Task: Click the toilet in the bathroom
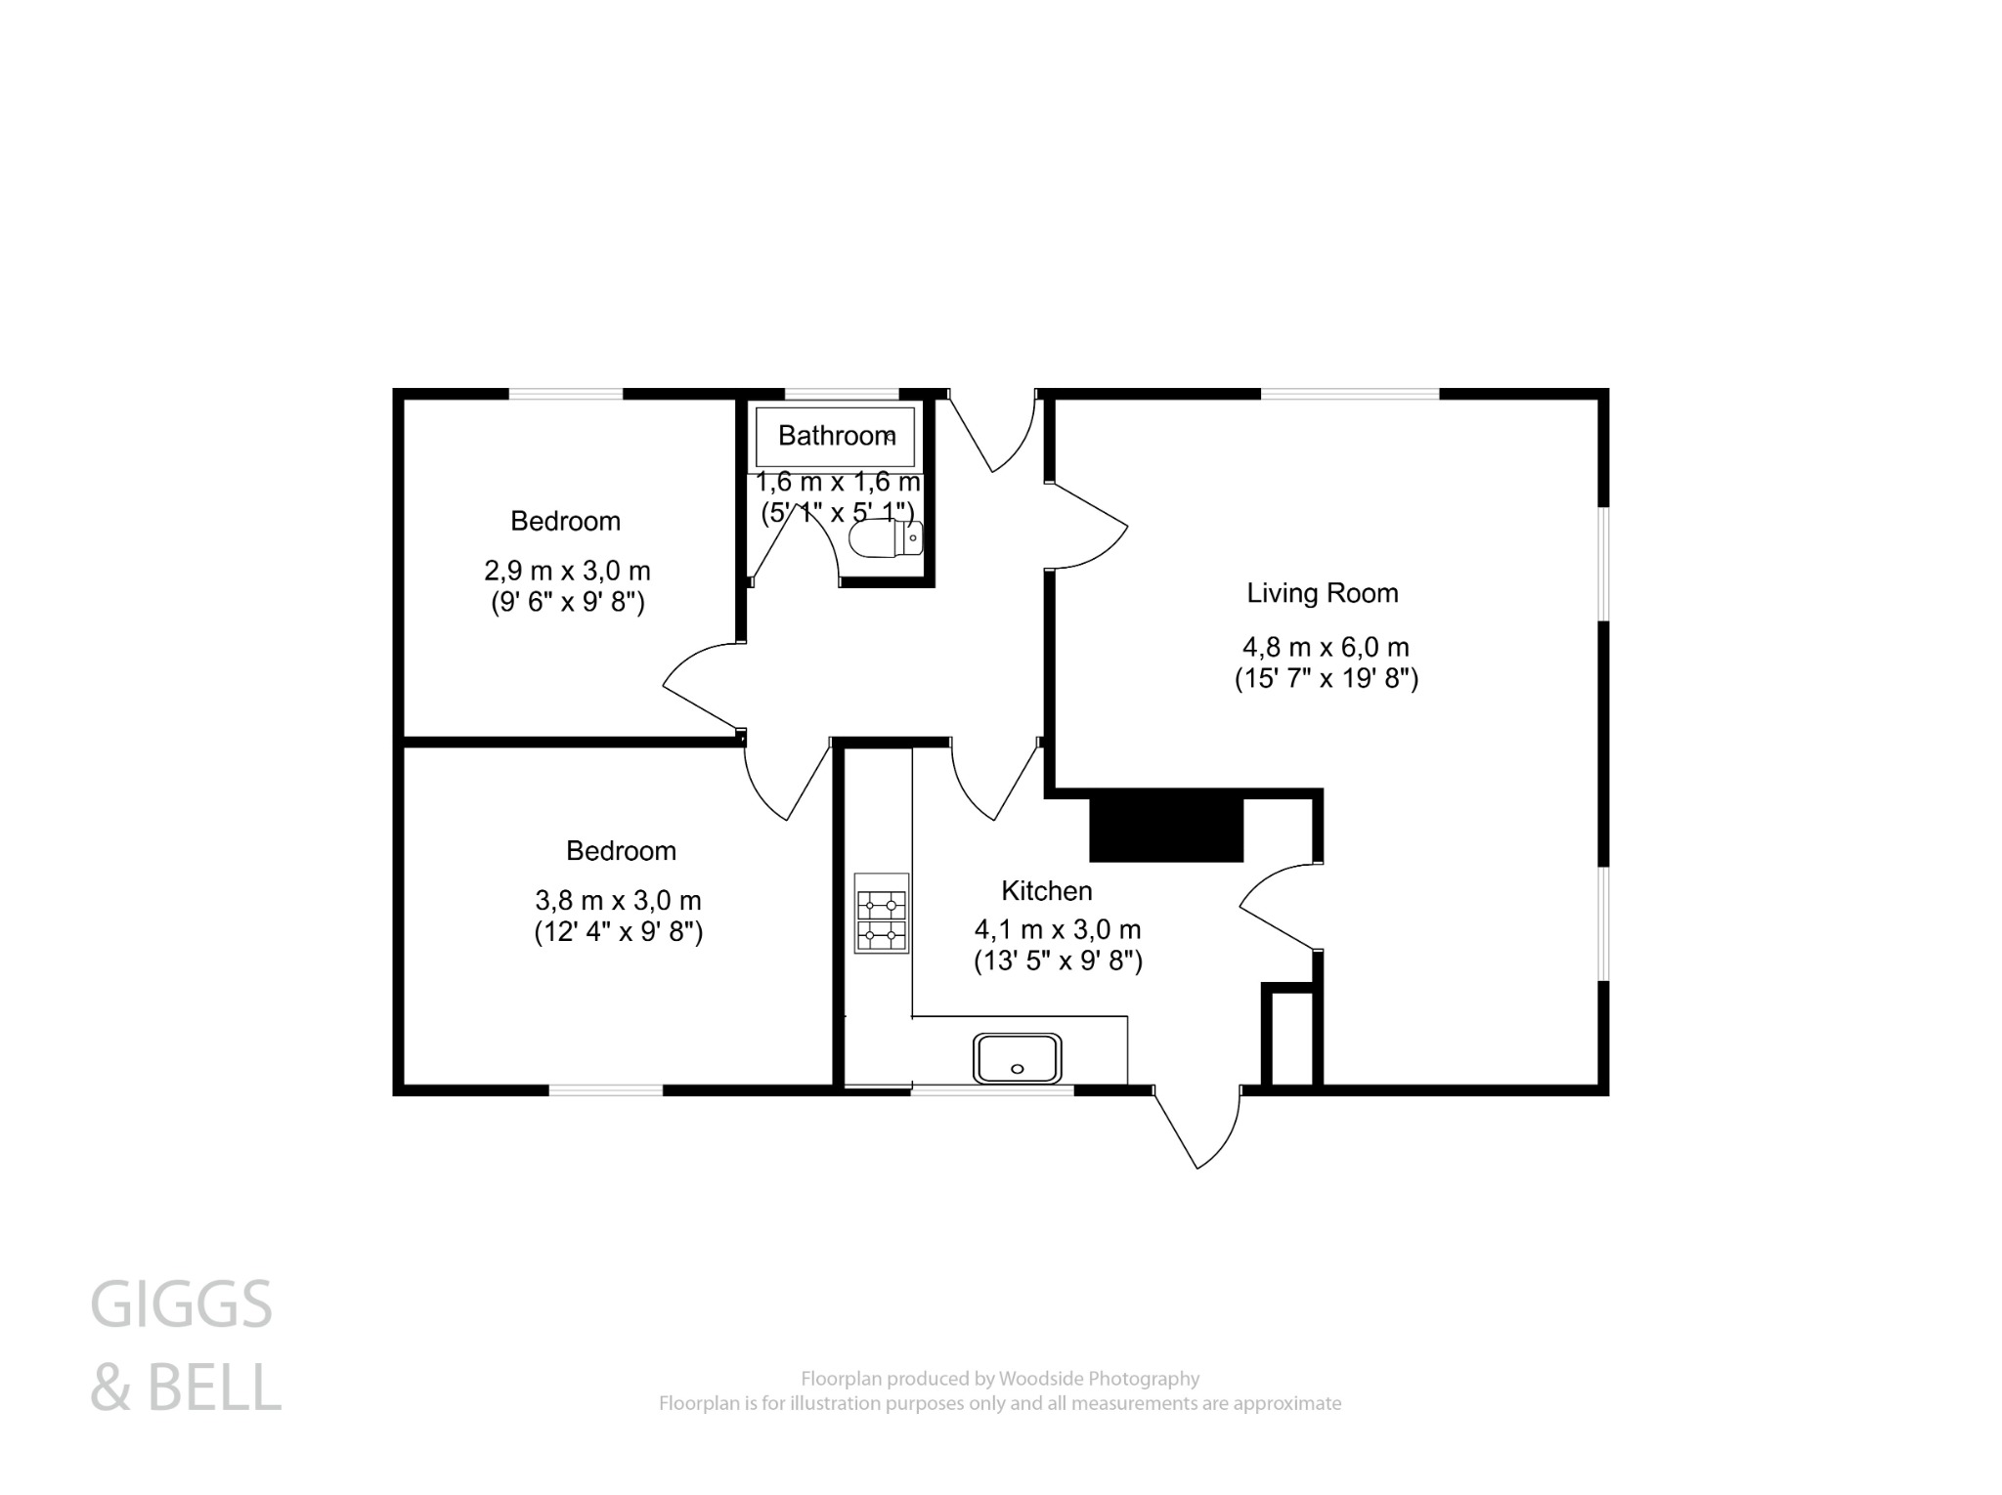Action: tap(885, 538)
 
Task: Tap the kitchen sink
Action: tap(1017, 1058)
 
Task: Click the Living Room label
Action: tap(1322, 593)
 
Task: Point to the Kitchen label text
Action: tap(1046, 891)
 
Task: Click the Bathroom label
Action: tap(836, 436)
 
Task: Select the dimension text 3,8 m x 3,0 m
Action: tap(618, 900)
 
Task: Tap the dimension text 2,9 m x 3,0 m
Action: tap(567, 570)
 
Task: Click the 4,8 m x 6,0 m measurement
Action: tap(1325, 647)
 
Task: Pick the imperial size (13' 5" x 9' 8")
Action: tap(1058, 961)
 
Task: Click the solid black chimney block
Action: tap(1165, 830)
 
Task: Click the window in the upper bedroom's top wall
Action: tap(565, 394)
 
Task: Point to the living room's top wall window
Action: tap(1349, 394)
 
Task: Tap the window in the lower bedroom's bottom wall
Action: tap(605, 1089)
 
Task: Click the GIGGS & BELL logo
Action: tap(184, 1345)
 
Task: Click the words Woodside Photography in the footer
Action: tap(1098, 1379)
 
